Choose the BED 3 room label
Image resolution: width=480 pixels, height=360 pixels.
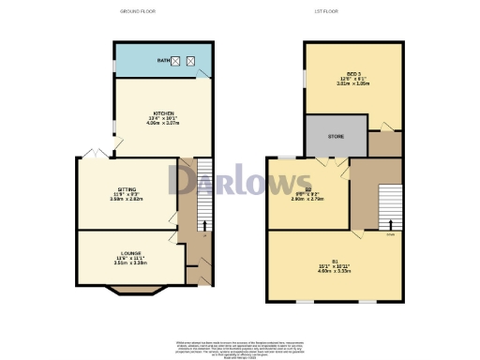point(353,73)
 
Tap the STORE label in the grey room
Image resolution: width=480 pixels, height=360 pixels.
point(335,135)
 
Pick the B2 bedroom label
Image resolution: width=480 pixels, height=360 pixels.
point(307,188)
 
